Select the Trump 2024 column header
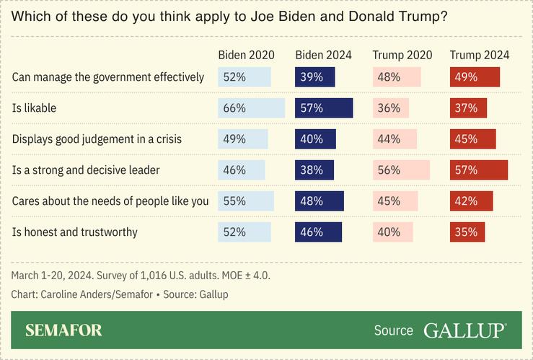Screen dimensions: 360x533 coord(479,55)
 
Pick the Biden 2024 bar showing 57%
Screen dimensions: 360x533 coord(324,108)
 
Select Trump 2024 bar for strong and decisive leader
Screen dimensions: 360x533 coord(479,170)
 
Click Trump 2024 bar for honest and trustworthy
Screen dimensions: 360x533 coord(467,232)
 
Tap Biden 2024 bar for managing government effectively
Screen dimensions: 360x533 coord(314,76)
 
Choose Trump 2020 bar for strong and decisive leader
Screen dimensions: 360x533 coord(401,170)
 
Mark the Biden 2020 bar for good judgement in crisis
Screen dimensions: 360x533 coord(243,139)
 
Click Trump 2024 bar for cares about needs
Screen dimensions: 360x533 coord(471,201)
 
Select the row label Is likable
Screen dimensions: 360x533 coord(35,108)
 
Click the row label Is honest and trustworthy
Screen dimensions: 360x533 coord(75,232)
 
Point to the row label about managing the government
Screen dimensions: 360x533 coord(108,76)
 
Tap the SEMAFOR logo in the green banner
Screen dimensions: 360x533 coord(63,330)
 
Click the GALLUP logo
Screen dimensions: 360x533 coord(464,330)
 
